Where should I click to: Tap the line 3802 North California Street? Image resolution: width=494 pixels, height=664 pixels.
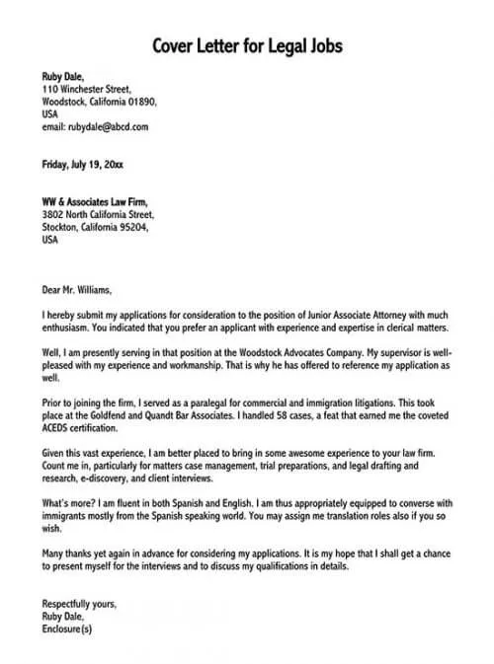point(98,214)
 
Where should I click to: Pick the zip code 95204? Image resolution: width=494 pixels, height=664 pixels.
point(129,227)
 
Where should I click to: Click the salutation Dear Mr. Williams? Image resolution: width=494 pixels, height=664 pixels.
point(77,290)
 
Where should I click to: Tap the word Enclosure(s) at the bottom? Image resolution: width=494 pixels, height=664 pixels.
point(68,628)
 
